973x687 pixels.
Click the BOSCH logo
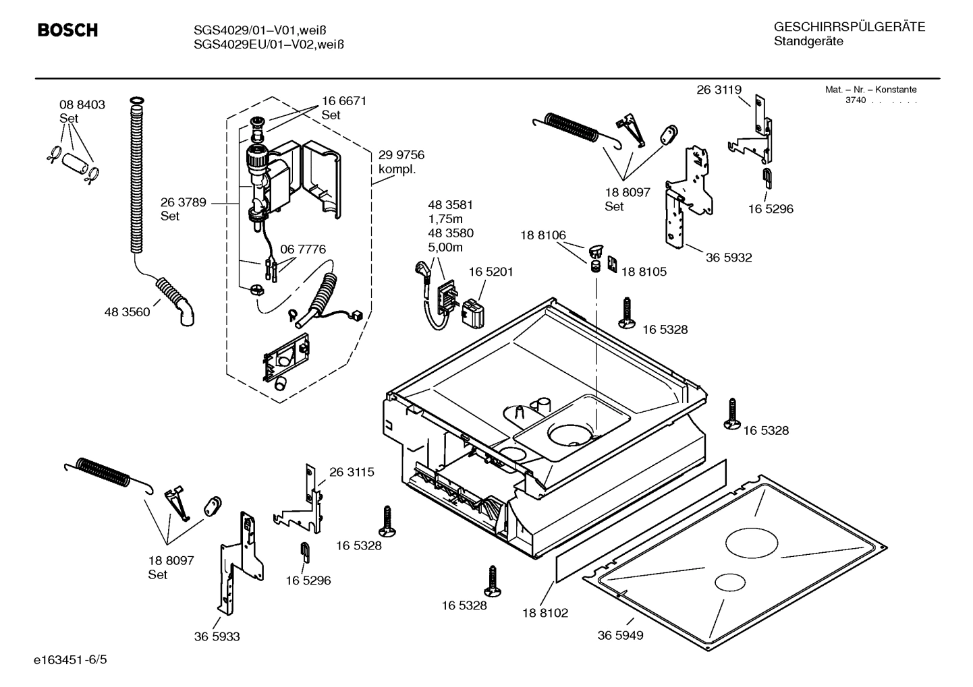pyautogui.click(x=67, y=30)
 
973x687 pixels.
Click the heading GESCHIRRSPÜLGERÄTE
pyautogui.click(x=849, y=27)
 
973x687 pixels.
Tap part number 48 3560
pyautogui.click(x=127, y=312)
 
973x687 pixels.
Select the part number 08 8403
pyautogui.click(x=82, y=104)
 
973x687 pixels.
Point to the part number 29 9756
pyautogui.click(x=401, y=155)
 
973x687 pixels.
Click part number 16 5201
pyautogui.click(x=491, y=272)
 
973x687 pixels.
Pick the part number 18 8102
pyautogui.click(x=545, y=613)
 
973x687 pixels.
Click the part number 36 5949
pyautogui.click(x=620, y=635)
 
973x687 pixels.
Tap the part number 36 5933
pyautogui.click(x=217, y=636)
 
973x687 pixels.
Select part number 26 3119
pyautogui.click(x=719, y=90)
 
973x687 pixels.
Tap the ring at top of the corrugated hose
pyautogui.click(x=136, y=101)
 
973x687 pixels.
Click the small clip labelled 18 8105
pyautogui.click(x=613, y=264)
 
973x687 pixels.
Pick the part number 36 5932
pyautogui.click(x=729, y=258)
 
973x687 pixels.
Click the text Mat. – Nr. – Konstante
pyautogui.click(x=870, y=90)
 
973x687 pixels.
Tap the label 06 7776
pyautogui.click(x=302, y=249)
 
